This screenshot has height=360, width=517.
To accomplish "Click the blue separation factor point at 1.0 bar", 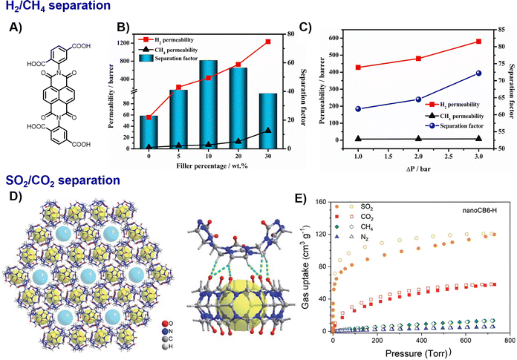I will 359,108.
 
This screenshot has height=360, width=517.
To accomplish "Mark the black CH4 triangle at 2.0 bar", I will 418,139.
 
